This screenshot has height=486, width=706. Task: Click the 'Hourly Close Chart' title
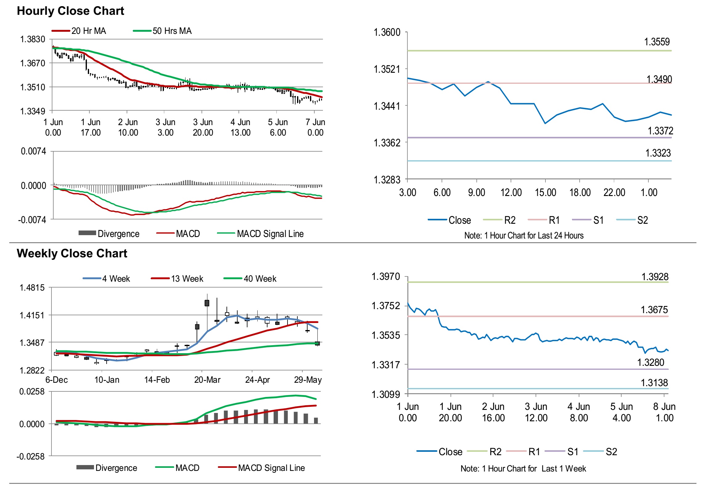(70, 11)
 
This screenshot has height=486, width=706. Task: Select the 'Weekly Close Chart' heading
(72, 253)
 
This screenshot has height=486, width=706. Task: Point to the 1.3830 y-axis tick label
(33, 39)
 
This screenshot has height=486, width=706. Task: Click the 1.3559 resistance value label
(657, 42)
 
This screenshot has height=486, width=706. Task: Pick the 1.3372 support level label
(660, 131)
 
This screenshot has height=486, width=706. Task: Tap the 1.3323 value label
(658, 153)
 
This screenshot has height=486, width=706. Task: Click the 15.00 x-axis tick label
(545, 193)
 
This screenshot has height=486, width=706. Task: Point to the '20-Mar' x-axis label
(207, 380)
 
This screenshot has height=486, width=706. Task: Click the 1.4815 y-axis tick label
(32, 288)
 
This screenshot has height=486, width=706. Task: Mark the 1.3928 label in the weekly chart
(655, 277)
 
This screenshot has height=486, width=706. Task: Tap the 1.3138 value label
(654, 383)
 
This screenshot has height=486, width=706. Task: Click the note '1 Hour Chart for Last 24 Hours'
(524, 236)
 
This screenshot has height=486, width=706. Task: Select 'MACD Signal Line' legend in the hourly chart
(270, 234)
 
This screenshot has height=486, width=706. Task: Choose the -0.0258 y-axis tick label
(31, 456)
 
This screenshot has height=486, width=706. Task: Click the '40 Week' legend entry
(260, 279)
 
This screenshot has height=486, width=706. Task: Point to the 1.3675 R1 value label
(654, 310)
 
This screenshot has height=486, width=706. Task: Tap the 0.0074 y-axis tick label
(33, 151)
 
